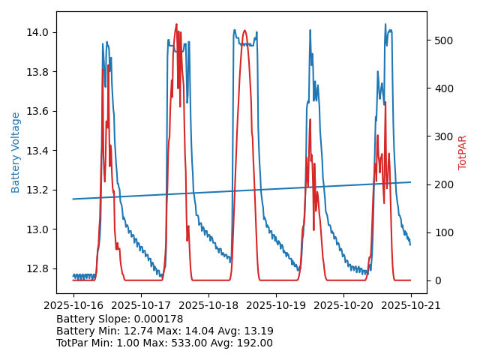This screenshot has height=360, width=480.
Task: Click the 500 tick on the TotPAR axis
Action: [x=442, y=40]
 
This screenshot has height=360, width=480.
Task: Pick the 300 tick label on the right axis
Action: [x=442, y=136]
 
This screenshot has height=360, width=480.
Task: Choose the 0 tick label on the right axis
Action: [x=436, y=280]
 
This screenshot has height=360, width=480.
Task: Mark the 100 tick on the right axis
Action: [x=442, y=232]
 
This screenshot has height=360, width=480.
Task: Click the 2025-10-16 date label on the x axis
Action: [x=73, y=306]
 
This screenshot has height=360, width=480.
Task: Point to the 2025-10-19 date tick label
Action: [x=276, y=306]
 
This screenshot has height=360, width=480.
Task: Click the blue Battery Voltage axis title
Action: [x=16, y=152]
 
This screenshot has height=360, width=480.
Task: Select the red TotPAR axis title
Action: [x=463, y=152]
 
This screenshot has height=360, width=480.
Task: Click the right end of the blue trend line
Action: [x=410, y=181]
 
